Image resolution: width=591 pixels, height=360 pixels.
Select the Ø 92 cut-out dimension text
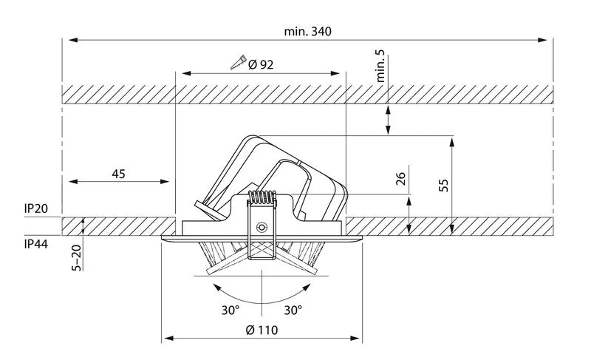tap(262, 65)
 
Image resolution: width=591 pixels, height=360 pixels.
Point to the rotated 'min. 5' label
tap(383, 68)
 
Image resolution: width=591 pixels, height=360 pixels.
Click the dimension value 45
tap(118, 174)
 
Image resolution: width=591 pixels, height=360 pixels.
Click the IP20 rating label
tap(36, 210)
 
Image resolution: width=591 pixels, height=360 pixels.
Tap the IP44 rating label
tap(36, 242)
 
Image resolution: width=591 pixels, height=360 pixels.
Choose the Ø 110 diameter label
tap(263, 330)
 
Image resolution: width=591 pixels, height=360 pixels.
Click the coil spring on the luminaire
tap(262, 200)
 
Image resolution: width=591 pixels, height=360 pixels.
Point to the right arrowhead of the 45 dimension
tap(169, 181)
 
